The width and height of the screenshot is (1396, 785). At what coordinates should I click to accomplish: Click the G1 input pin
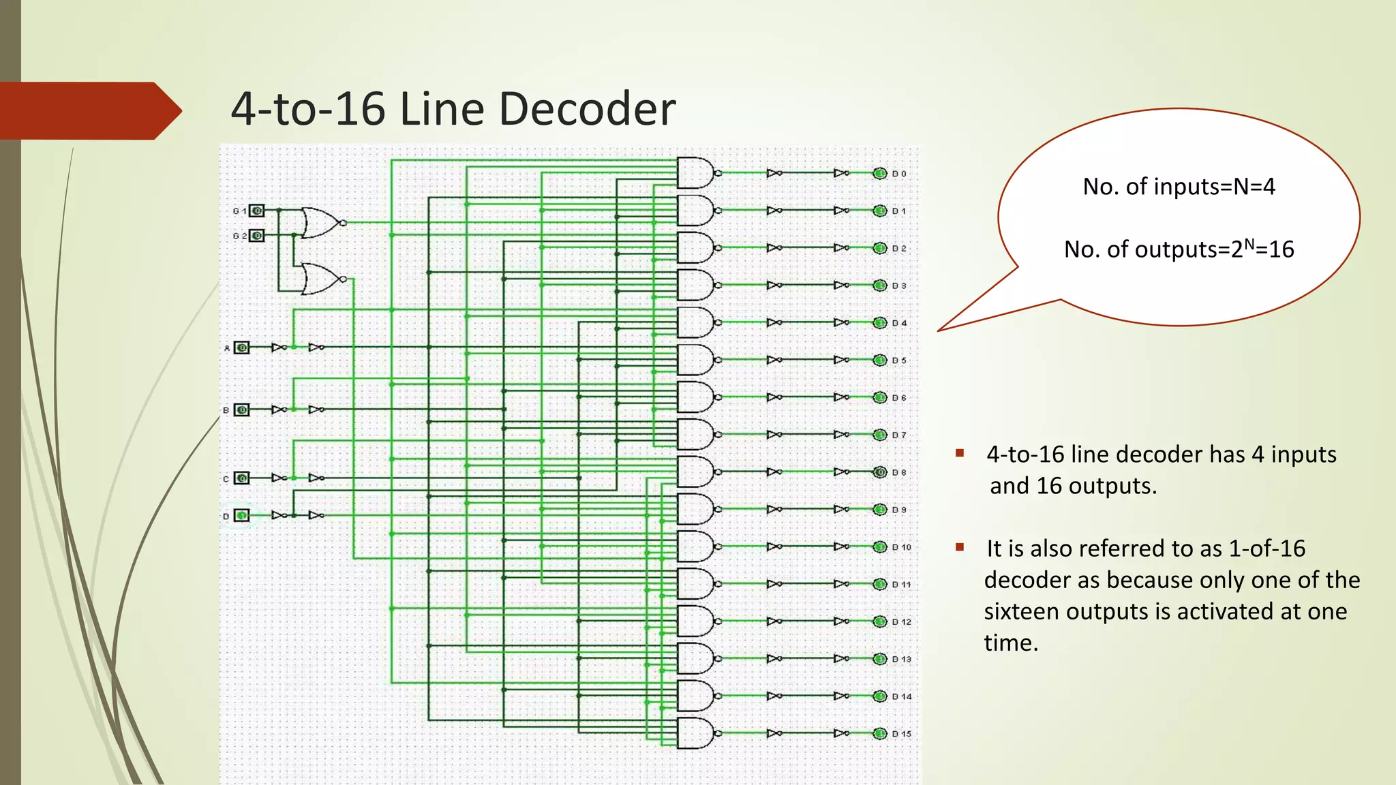256,211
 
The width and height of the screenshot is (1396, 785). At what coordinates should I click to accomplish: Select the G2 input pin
256,236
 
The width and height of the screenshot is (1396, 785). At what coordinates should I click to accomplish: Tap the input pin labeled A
242,348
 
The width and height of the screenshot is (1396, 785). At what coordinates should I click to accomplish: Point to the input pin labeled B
242,410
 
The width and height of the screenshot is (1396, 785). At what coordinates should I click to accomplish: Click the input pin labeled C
242,478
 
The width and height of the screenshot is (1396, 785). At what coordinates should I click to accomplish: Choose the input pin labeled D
242,515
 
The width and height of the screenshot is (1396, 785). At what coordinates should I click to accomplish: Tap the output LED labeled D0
879,173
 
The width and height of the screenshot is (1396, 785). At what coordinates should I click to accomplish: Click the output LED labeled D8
879,472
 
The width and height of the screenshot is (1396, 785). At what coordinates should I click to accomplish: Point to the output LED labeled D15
879,733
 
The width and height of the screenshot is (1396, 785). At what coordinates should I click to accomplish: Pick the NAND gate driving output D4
695,322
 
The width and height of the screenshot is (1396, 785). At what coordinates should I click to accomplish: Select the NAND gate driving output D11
695,584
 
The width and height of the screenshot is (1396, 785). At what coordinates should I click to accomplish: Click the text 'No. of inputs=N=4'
1179,187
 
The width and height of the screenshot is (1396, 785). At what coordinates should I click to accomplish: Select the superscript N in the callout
1249,243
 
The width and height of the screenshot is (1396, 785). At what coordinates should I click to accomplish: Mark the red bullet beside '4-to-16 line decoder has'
960,453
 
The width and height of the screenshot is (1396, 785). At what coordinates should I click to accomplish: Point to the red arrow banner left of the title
89,110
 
